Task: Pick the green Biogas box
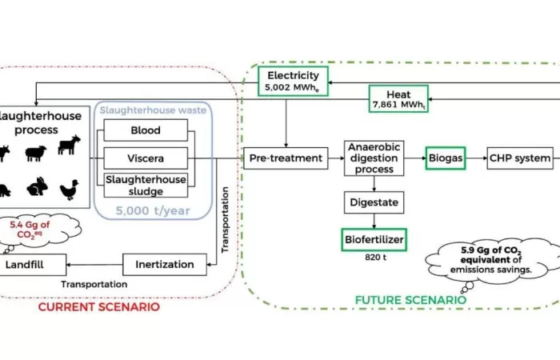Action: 446,158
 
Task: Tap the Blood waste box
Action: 145,130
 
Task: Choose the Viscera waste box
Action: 145,158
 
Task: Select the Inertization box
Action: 164,263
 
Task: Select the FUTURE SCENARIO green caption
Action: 409,301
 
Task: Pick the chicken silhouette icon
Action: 70,190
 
